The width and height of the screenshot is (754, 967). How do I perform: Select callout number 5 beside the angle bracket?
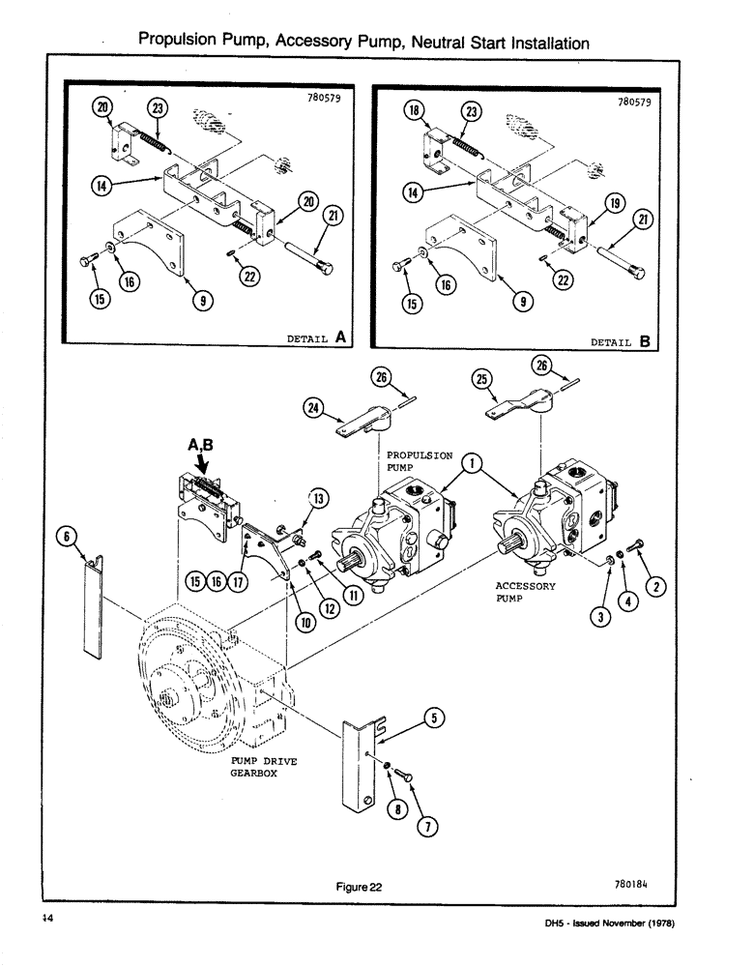pyautogui.click(x=435, y=718)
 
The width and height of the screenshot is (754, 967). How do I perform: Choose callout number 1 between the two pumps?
pyautogui.click(x=471, y=463)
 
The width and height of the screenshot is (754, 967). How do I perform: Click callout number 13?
pyautogui.click(x=318, y=498)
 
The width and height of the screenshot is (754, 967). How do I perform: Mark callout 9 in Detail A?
pyautogui.click(x=202, y=301)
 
